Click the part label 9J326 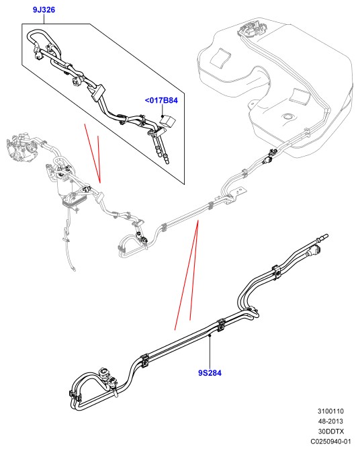click(x=44, y=10)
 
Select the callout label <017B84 click(x=161, y=100)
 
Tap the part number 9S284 click(x=210, y=373)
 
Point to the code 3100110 click(x=330, y=411)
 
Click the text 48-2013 click(x=330, y=421)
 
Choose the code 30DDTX click(x=330, y=432)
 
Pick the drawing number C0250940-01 click(x=330, y=442)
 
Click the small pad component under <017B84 click(x=167, y=121)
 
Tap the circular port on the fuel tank click(x=287, y=116)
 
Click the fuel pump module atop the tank click(x=251, y=28)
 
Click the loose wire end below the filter click(x=74, y=270)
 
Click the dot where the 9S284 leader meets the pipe click(x=210, y=335)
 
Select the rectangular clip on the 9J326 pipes click(x=97, y=92)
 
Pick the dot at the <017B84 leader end click(x=163, y=116)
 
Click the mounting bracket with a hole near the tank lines click(x=238, y=192)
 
